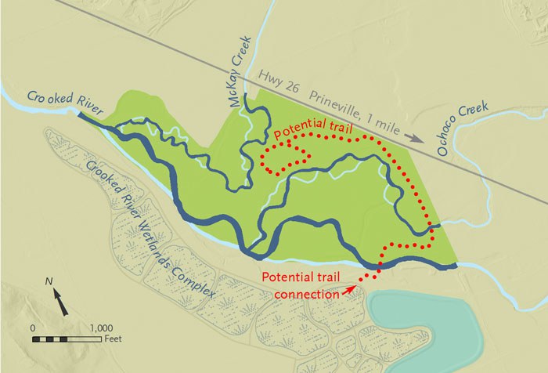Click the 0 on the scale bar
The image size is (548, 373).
coord(33,327)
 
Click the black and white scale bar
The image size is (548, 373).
coord(67,339)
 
